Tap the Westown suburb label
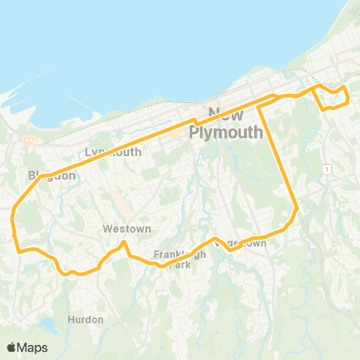pos(127,229)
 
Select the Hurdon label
pos(85,319)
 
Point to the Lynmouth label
pos(113,151)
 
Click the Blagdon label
pos(52,175)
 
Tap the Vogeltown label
pos(241,243)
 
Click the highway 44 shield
pos(28,139)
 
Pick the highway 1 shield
pos(328,170)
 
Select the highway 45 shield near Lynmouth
pos(175,133)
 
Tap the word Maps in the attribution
pos(33,347)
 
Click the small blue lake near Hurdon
pos(48,327)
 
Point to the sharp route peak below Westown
pos(124,242)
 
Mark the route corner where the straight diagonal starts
pos(259,106)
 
